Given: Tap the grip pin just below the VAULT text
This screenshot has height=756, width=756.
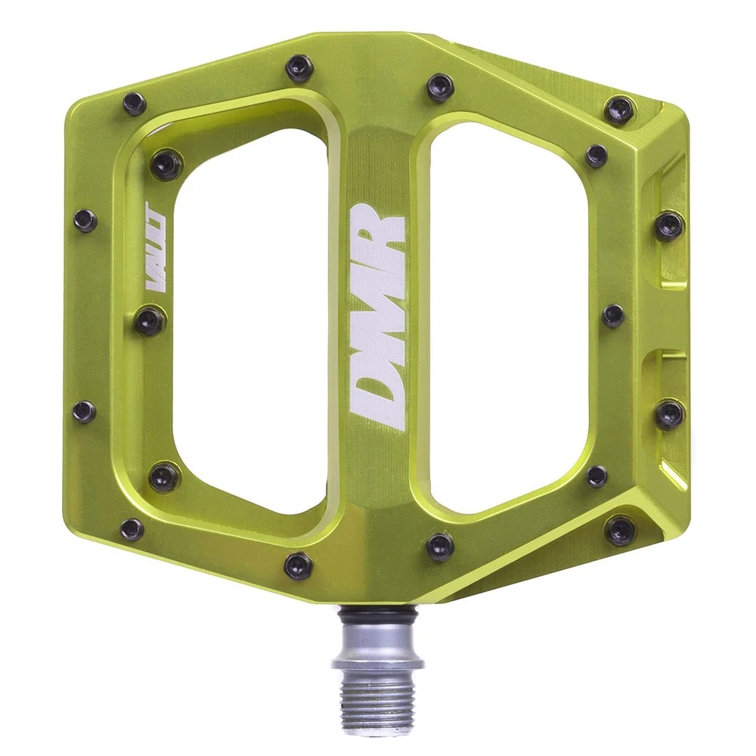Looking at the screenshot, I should point(150,321).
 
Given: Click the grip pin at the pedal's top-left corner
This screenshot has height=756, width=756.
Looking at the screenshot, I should point(135,103).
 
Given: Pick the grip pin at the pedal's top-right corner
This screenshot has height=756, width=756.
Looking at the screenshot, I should point(619,110).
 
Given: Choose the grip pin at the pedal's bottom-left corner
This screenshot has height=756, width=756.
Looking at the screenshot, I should point(132,529).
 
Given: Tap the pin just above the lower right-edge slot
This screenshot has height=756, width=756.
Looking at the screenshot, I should point(612,316).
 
